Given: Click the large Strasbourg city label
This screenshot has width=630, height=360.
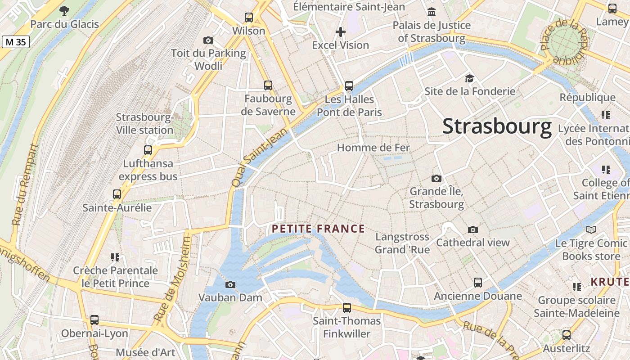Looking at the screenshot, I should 497,126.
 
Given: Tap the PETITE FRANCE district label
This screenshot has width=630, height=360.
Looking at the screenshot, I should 318,229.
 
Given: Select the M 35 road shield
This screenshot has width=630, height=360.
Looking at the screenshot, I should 16,42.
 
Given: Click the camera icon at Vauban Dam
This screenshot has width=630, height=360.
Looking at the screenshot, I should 230,284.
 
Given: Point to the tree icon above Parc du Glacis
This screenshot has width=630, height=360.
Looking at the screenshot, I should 64,10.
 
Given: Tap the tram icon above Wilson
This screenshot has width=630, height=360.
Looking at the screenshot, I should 249,18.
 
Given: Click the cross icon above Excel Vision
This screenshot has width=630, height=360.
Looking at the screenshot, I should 341,32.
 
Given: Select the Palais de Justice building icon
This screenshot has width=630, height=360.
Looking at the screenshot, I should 432,12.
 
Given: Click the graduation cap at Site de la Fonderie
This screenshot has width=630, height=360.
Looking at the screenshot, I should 469,78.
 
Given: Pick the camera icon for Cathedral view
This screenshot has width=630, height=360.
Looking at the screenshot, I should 472,229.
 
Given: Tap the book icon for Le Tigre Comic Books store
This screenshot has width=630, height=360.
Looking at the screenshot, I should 591,230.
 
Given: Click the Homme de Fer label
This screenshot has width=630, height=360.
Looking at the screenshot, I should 373,148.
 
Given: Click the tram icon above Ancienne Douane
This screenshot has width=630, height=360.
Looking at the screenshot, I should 477,283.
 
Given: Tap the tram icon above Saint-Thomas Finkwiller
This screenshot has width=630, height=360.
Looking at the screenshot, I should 346,308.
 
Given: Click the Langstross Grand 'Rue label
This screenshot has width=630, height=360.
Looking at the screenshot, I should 402,243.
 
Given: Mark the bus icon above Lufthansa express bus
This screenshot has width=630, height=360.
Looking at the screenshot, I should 148,150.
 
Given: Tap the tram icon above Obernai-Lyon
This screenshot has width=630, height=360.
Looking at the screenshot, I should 94,320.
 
